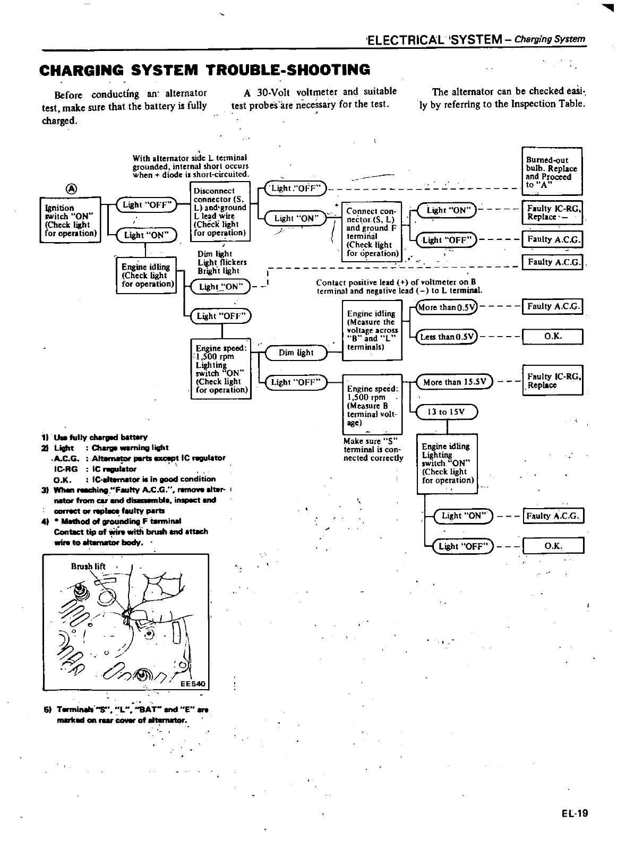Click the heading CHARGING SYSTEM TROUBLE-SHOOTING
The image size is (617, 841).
[x=205, y=70]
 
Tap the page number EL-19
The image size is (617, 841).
[x=573, y=813]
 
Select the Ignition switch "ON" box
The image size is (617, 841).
[x=71, y=220]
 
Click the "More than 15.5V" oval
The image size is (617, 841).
[x=455, y=382]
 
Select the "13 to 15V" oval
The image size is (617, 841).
[x=447, y=411]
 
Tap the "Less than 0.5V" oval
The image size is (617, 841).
[x=447, y=337]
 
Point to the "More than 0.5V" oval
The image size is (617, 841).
[x=447, y=306]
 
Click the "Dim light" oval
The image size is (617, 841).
[x=295, y=353]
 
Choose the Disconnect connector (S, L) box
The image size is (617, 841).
[x=220, y=211]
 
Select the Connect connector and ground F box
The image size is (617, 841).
[x=371, y=232]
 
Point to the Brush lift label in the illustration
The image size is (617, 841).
[x=88, y=566]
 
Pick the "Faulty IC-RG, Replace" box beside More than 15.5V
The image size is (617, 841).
[x=553, y=380]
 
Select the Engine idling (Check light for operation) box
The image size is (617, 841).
[x=147, y=275]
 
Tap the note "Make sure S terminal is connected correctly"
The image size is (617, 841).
[x=373, y=449]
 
